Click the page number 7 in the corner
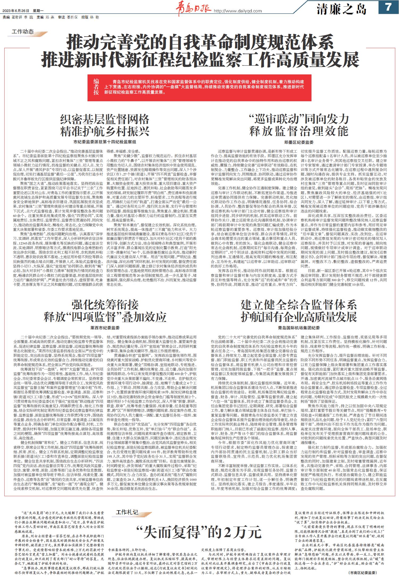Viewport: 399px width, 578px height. pos(388,7)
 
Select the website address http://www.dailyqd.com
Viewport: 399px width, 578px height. pos(238,11)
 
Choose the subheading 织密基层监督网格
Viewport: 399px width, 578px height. pos(105,120)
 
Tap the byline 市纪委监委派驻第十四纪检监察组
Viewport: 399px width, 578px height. pos(105,142)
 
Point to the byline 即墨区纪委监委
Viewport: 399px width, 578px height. pos(299,142)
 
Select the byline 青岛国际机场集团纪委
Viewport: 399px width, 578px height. pos(299,328)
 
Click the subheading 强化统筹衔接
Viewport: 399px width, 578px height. pos(105,305)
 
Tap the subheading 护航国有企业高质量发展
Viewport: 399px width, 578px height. pos(299,317)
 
